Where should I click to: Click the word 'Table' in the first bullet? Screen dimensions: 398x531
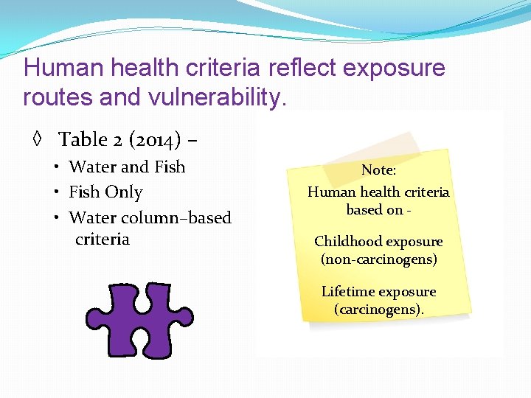pos(83,139)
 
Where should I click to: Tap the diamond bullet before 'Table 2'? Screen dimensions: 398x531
pos(35,139)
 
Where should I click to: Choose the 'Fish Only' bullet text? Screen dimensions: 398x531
pos(105,192)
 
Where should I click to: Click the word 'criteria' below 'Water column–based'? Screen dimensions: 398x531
pos(103,239)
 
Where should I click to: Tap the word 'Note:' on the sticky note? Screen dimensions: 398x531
pos(378,170)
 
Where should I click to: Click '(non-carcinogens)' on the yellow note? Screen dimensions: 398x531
pos(379,259)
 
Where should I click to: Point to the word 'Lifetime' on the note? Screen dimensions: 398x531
pos(348,292)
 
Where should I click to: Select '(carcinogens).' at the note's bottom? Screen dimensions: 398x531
pos(379,310)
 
